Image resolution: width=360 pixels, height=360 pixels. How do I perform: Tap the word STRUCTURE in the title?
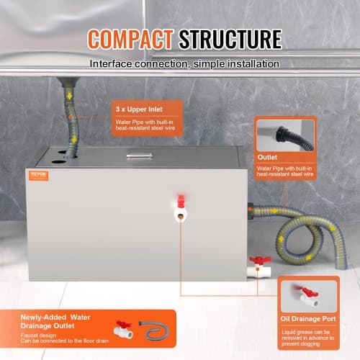pos(229,38)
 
